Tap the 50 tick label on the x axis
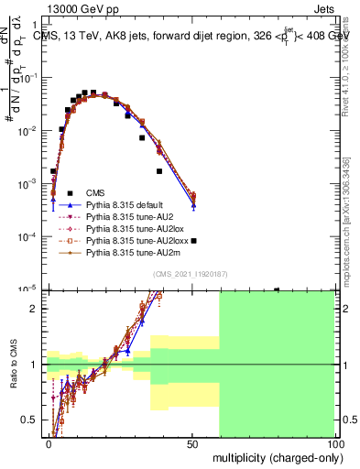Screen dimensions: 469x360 [192, 442]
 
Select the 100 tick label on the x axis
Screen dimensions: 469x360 [335, 442]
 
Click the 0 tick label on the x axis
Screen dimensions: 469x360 [49, 442]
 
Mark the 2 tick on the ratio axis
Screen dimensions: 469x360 [38, 309]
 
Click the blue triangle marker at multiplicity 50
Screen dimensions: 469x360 [193, 205]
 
